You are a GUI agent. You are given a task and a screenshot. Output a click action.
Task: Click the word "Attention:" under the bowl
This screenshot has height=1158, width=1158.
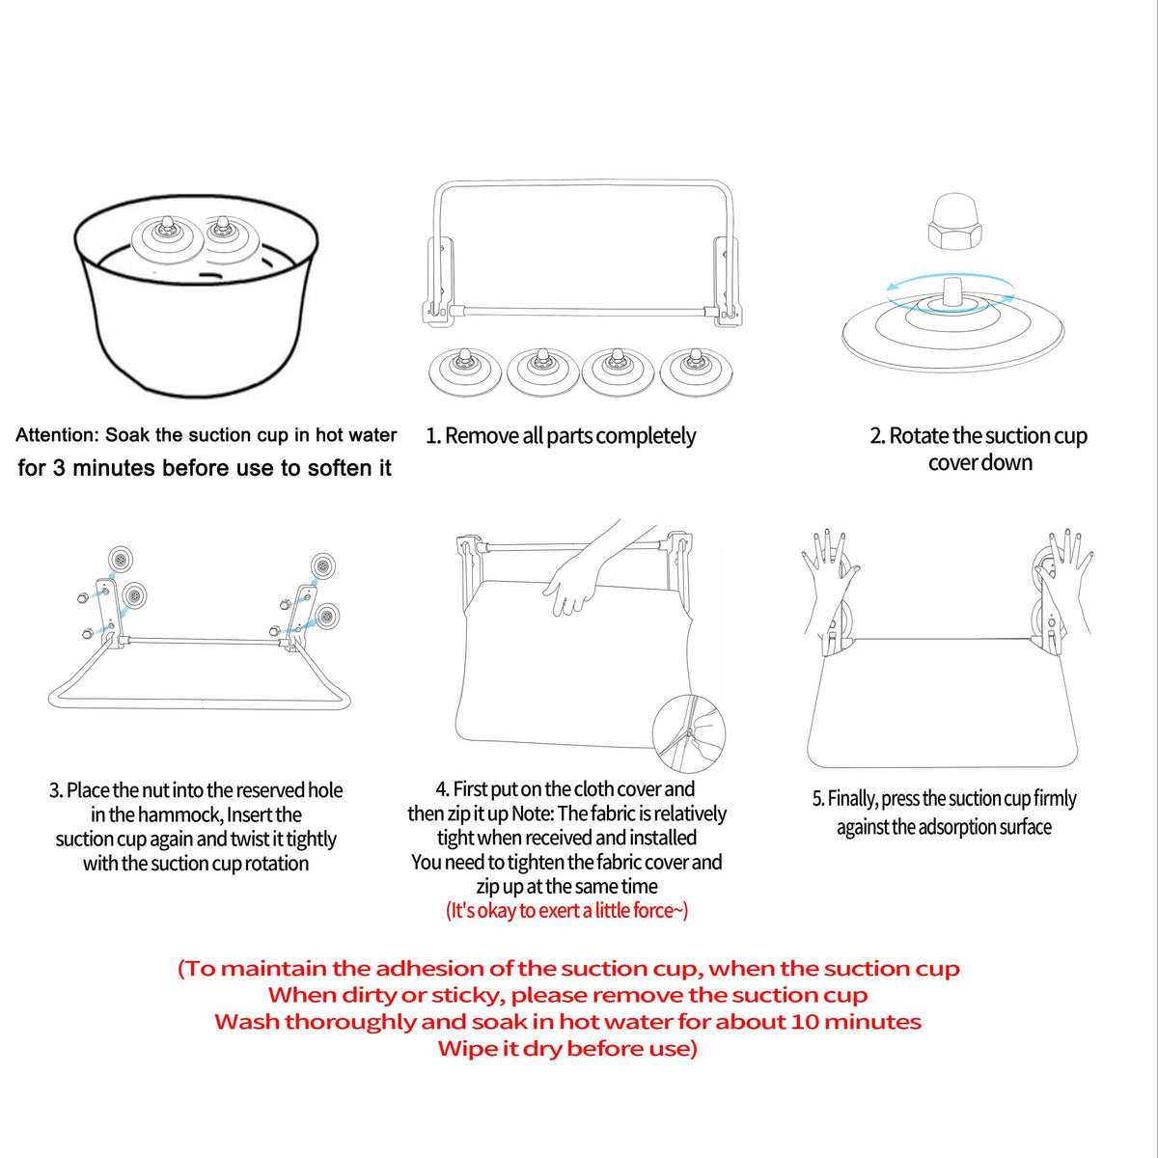pos(57,434)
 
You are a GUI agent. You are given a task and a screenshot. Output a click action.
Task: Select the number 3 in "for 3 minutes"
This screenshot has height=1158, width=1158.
pos(59,467)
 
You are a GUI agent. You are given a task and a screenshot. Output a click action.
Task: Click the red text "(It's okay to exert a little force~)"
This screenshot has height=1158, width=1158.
pos(566,910)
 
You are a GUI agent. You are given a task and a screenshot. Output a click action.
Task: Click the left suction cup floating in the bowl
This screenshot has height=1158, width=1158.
pos(165,238)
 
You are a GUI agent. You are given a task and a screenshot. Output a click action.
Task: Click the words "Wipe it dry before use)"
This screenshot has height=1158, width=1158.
pos(566,1049)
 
